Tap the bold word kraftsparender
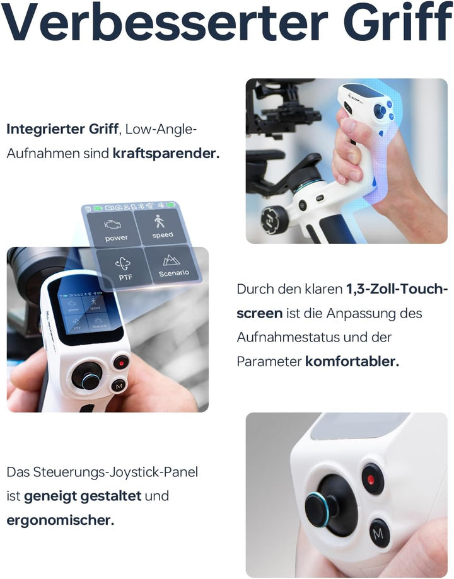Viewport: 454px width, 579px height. [166, 154]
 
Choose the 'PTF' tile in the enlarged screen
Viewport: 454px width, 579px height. [124, 267]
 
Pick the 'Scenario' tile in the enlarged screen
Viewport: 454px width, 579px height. [173, 265]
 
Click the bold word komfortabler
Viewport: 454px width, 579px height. [352, 362]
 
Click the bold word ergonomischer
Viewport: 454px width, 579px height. [61, 520]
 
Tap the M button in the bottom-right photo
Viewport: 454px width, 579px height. [379, 534]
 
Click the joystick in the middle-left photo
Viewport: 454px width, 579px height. [88, 377]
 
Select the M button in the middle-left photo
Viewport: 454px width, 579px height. [119, 386]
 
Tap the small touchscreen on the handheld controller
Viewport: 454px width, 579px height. [85, 312]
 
